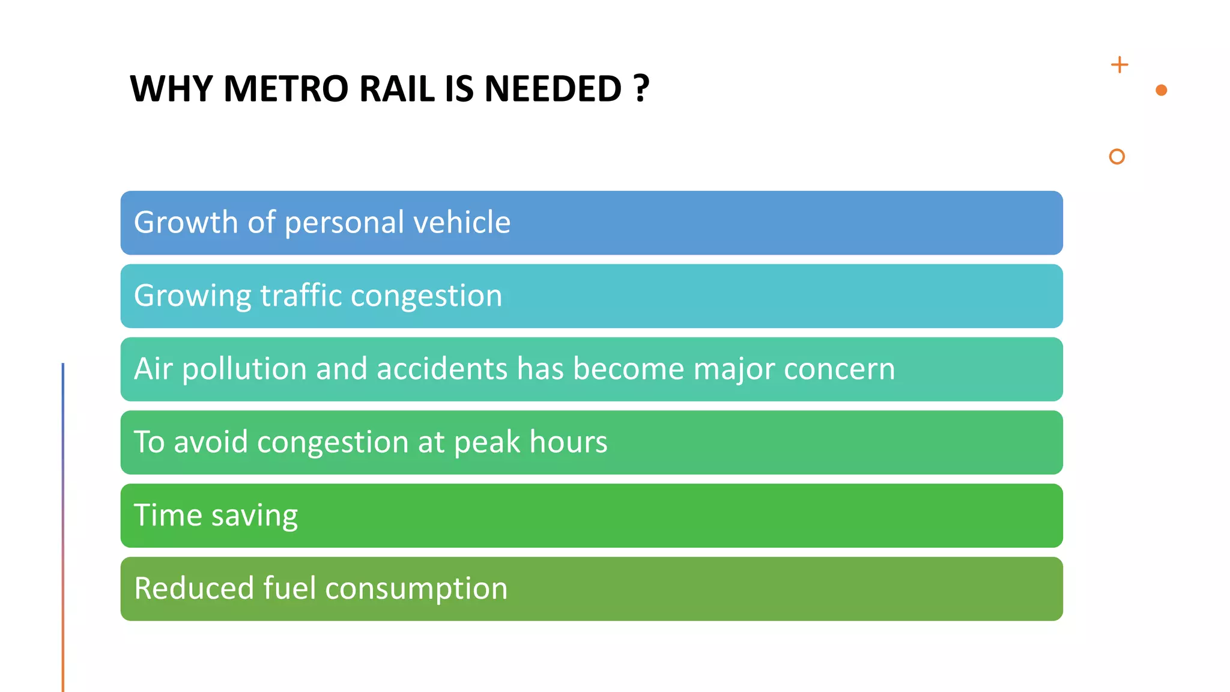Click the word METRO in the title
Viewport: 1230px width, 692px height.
(286, 89)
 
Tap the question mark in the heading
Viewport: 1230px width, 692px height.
(641, 89)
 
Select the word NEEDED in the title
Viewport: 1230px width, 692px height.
(553, 89)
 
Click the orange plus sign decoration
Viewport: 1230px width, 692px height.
(1119, 65)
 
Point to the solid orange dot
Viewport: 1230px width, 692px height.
(1161, 90)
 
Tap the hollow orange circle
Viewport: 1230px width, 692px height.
(1116, 157)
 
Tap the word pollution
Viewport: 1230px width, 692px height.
(244, 369)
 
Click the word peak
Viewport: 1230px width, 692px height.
(487, 443)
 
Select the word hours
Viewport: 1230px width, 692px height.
(568, 442)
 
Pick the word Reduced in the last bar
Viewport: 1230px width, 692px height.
(194, 588)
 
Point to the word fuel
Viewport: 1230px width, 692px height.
(289, 588)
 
